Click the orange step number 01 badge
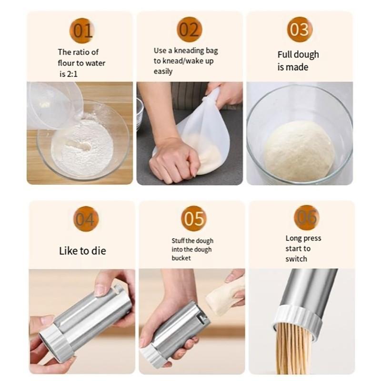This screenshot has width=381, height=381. tap(82, 30)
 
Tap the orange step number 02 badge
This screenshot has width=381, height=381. tap(189, 30)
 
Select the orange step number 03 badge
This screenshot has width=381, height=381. tap(300, 30)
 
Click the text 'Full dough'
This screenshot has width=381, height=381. tap(298, 54)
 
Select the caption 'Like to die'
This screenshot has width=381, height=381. tap(82, 251)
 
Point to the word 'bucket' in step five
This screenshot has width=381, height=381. tap(181, 258)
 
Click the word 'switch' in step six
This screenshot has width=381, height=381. tap(296, 259)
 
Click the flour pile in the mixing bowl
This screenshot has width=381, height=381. tap(83, 147)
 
